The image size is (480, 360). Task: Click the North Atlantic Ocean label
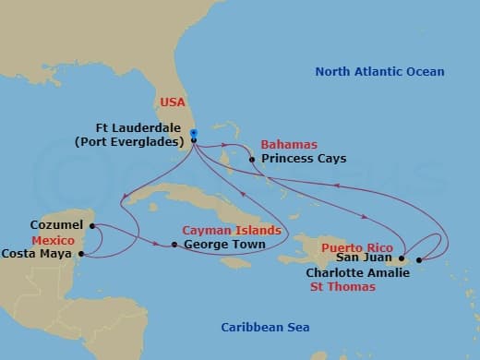coord(379,71)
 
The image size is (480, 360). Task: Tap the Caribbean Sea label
coord(265,328)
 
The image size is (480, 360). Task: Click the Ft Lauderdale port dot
coord(194,140)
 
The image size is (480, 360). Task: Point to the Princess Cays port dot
coord(253,159)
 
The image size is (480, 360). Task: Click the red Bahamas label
coord(289,145)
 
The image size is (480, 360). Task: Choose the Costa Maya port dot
coord(82,253)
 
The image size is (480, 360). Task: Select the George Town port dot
coord(174,245)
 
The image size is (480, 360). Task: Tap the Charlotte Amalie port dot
coord(420,259)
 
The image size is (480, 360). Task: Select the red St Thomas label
coord(342,287)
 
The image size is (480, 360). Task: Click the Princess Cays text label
coord(304,159)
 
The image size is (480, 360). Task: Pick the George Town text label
coord(225,245)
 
